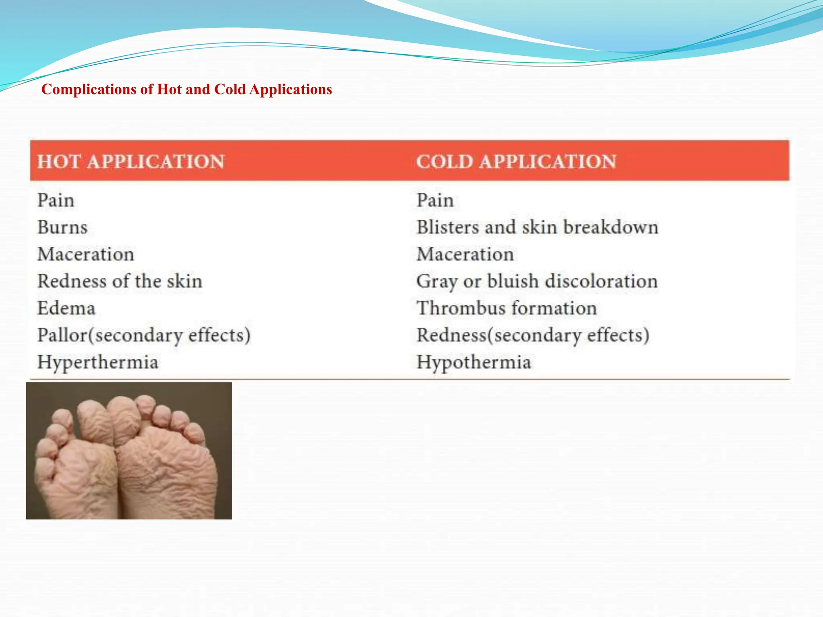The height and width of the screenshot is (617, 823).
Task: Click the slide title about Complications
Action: click(x=186, y=89)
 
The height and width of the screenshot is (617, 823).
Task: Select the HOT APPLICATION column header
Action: click(x=131, y=161)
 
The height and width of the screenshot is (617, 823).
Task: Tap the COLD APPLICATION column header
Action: click(x=516, y=161)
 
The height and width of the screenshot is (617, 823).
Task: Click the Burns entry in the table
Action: click(x=62, y=227)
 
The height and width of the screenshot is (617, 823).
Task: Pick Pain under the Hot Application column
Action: click(x=56, y=200)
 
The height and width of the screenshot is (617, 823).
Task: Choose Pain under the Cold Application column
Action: click(x=435, y=200)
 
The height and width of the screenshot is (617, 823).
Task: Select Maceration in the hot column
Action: click(x=86, y=254)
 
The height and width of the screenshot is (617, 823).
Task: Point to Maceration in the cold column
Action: click(x=465, y=254)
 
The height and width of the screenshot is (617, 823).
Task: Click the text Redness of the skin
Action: click(x=120, y=281)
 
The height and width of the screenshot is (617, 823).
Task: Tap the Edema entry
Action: click(x=66, y=308)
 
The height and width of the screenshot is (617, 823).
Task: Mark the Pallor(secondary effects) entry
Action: click(x=144, y=335)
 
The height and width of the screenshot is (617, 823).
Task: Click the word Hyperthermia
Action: click(x=98, y=362)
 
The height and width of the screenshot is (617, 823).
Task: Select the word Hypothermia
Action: click(x=474, y=362)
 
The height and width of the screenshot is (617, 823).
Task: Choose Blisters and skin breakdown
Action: click(x=537, y=227)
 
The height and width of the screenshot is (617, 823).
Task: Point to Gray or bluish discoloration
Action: click(x=537, y=281)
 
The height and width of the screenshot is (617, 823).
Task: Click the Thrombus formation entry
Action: click(x=506, y=308)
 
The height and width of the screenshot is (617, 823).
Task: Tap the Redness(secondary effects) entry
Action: click(x=533, y=335)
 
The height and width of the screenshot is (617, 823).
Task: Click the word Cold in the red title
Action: click(x=229, y=89)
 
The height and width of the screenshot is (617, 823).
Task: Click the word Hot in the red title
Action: click(x=170, y=89)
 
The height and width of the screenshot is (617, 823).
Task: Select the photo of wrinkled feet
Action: click(x=129, y=451)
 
